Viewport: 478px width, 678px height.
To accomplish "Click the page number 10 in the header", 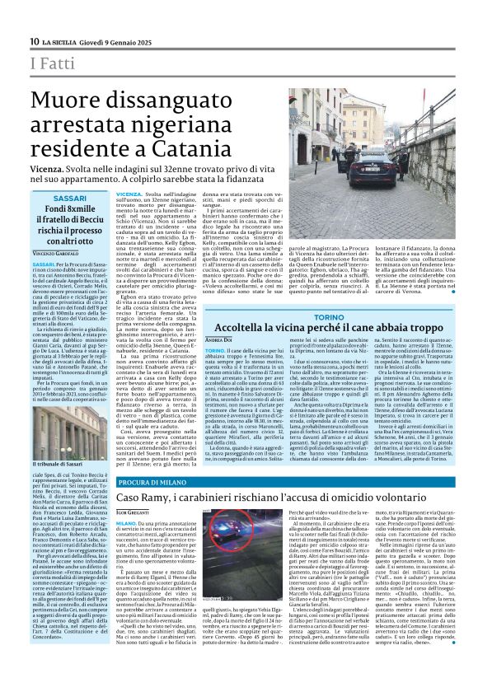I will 35,42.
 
